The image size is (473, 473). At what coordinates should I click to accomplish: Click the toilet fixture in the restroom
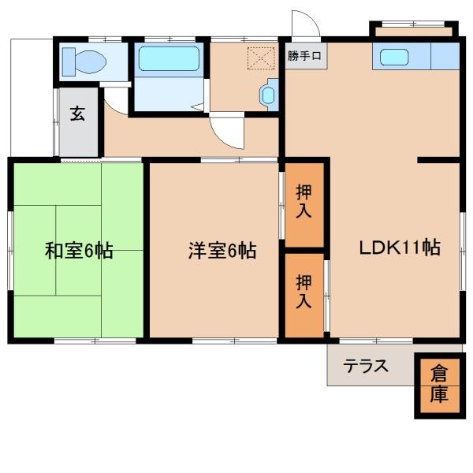click(85, 61)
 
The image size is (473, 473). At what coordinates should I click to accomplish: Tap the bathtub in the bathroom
click(169, 60)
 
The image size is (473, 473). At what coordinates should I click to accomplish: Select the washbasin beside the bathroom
click(269, 96)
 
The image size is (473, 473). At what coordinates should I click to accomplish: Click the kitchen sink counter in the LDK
click(417, 58)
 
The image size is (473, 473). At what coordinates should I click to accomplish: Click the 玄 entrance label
click(78, 113)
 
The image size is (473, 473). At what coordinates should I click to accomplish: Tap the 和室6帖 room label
click(78, 251)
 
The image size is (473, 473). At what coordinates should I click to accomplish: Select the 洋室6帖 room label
click(222, 251)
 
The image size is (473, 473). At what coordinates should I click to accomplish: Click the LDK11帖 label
click(400, 248)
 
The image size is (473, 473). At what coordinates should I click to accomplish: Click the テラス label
click(366, 367)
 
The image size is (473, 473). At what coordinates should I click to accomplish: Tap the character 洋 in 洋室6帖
click(196, 251)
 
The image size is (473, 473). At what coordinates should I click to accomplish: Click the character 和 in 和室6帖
click(54, 251)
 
